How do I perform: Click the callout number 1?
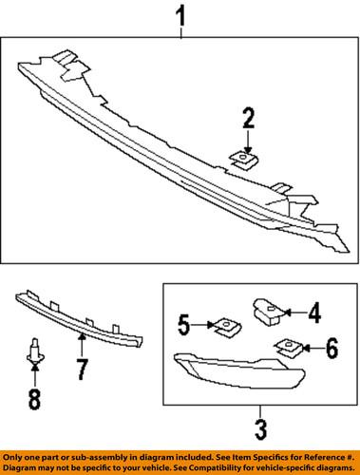click(x=180, y=16)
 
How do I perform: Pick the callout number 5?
click(x=185, y=326)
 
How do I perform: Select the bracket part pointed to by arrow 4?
click(x=267, y=309)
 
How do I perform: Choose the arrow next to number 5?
click(x=203, y=326)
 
